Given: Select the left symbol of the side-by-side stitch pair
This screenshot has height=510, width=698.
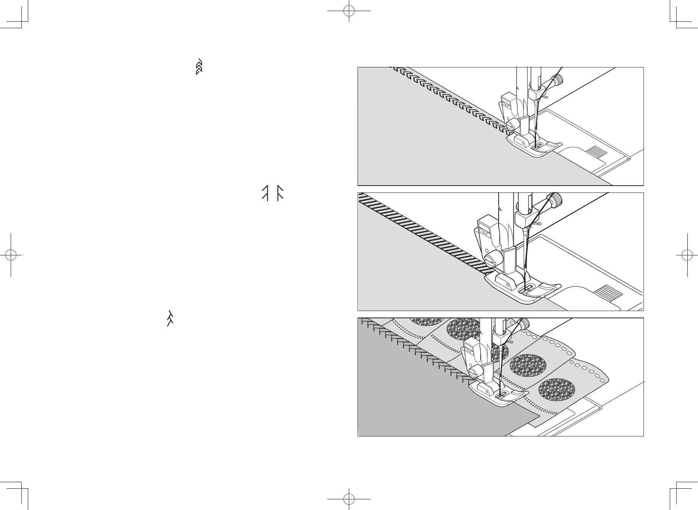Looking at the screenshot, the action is coord(265,193).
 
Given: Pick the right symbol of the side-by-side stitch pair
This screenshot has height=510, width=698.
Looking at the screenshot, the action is coord(280,193).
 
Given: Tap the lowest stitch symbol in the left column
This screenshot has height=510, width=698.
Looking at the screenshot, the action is coord(170,318).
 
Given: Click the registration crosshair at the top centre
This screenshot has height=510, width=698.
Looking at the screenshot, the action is coord(349,11).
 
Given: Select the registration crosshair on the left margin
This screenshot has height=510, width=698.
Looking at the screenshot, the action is coord(11,255).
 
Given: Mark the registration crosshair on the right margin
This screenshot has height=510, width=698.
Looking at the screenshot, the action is coord(687,255).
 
